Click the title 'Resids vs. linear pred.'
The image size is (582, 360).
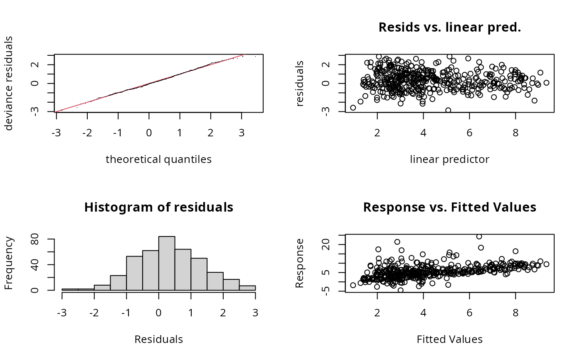coord(449,27)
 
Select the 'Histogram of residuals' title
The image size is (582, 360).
coord(158,207)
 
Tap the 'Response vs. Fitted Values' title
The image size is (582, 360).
coord(449,207)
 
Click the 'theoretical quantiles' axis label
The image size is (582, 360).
coord(158,159)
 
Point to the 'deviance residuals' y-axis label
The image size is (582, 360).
coord(9,83)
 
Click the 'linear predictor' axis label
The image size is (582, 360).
coord(449,159)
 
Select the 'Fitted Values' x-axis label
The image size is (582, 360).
coord(449,339)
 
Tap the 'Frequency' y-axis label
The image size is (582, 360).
coord(9,263)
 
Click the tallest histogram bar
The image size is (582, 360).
coord(167,263)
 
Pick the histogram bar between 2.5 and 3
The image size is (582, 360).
coord(247,288)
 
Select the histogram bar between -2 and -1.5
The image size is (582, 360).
coord(102,287)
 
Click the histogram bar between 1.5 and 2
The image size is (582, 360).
coord(215,281)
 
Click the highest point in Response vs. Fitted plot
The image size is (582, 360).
coord(479,237)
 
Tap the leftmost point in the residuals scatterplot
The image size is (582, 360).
coord(353,108)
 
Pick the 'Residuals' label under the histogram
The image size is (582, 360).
coord(158,339)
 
